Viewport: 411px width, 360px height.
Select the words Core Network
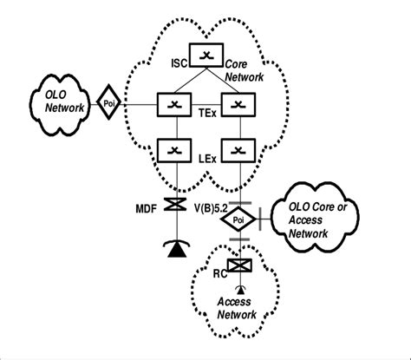coord(246,70)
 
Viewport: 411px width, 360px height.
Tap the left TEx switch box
coord(174,105)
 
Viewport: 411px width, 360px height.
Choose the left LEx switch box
coord(174,151)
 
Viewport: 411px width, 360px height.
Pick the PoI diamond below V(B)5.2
coord(237,221)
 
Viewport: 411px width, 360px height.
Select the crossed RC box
coord(237,265)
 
